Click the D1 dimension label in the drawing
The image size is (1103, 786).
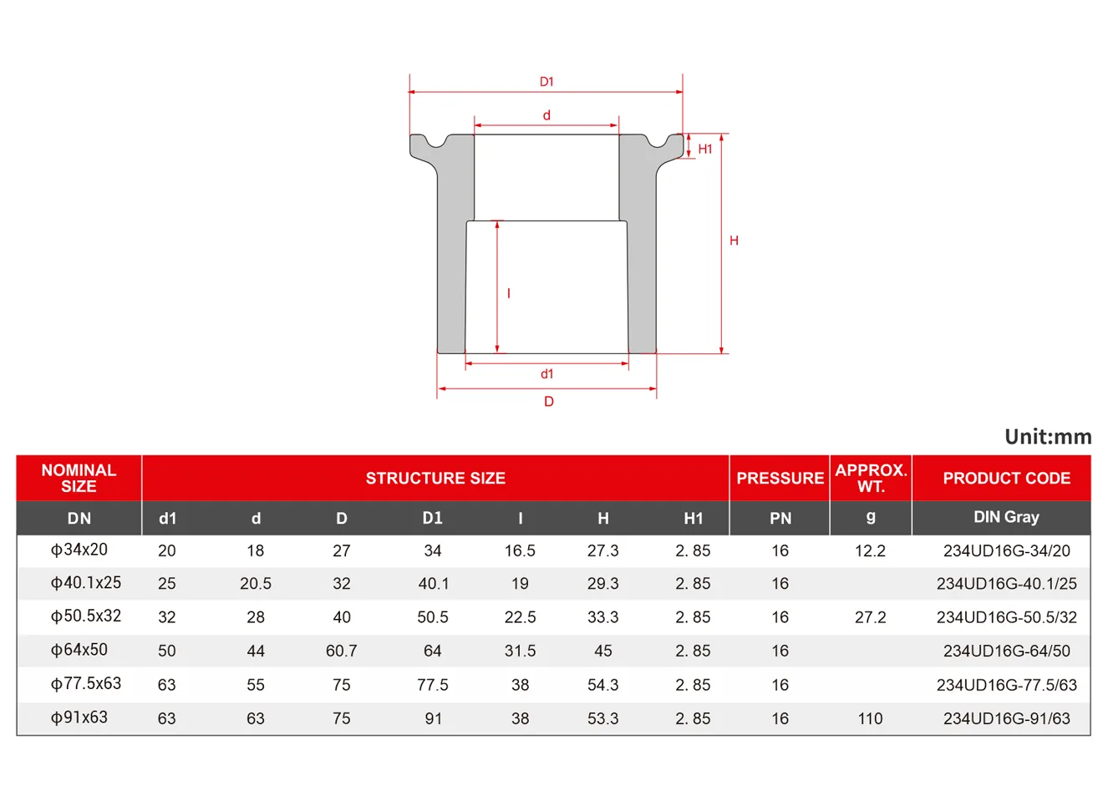(546, 82)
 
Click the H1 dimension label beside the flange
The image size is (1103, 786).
(705, 150)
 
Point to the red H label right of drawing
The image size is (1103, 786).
(734, 241)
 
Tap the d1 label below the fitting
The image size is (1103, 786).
(547, 374)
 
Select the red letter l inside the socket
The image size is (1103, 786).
(509, 294)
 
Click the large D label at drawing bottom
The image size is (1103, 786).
(549, 402)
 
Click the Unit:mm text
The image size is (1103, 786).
(1048, 437)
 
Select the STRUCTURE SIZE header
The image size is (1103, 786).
(435, 478)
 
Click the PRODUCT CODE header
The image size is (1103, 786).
(1006, 478)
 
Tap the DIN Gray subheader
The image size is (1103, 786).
(1006, 517)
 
